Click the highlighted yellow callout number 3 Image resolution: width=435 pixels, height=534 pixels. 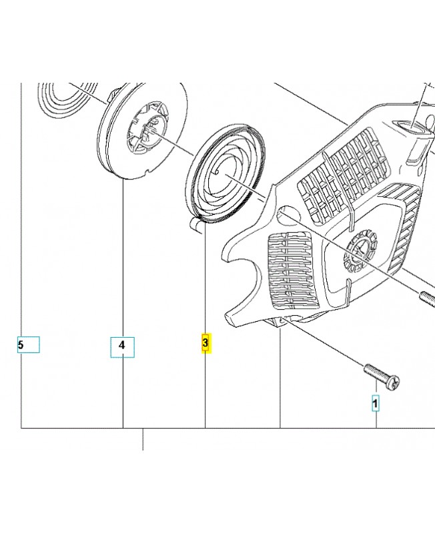pos(206,343)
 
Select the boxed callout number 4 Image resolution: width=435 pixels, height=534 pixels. pos(122,347)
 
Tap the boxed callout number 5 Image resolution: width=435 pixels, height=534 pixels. pos(28,344)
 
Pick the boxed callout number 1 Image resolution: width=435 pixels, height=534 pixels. pos(375,403)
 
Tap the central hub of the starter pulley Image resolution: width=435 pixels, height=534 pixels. pos(147,130)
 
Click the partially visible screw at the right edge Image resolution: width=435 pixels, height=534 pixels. pos(428,298)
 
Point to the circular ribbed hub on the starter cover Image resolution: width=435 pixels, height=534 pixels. pos(360,252)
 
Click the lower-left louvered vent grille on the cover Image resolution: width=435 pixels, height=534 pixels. pos(292,272)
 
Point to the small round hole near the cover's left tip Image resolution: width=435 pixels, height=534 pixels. pos(289,215)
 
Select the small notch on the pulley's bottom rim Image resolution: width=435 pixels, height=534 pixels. pos(147,171)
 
